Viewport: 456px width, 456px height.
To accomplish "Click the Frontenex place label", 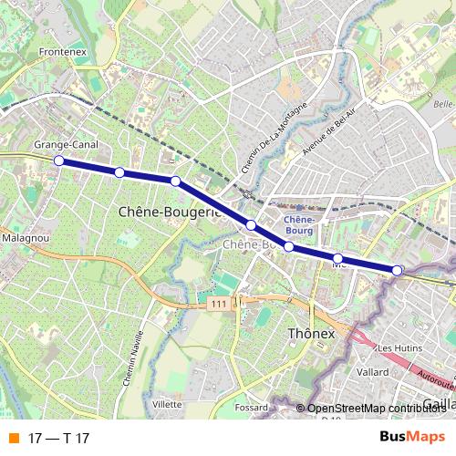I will [x=63, y=54].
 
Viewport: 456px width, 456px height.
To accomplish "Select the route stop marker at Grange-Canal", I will [x=59, y=161].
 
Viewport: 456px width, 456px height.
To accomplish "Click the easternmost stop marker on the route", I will [x=398, y=270].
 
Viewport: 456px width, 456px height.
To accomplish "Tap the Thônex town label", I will [x=312, y=334].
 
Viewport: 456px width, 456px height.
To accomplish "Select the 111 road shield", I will [x=215, y=303].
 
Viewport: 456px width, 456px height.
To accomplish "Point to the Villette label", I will [x=167, y=403].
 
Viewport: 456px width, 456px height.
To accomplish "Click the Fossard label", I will [x=250, y=407].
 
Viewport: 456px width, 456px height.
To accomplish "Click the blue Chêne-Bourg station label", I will [x=300, y=224].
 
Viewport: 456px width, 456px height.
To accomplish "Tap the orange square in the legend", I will [x=13, y=439].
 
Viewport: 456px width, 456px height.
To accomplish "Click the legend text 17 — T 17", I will [x=58, y=439].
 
